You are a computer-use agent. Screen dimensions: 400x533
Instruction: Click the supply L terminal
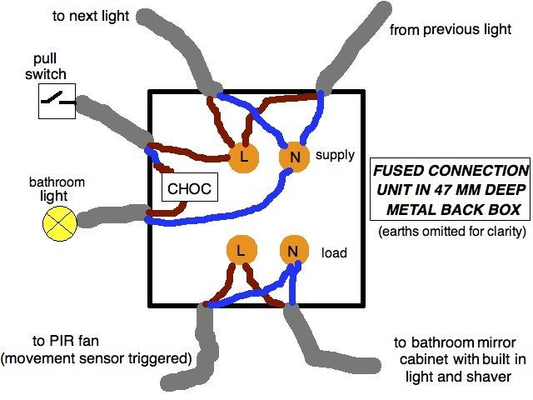(243, 156)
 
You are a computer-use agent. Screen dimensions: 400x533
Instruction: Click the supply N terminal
(292, 156)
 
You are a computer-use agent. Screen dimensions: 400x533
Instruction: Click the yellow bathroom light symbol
(59, 221)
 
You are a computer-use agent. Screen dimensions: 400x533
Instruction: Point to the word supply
(335, 155)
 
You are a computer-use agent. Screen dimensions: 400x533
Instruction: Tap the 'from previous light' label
(449, 29)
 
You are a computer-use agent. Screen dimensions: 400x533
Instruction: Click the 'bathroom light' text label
(57, 190)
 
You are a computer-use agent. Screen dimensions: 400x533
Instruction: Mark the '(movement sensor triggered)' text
(97, 358)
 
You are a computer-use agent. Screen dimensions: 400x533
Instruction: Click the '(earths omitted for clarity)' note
(451, 229)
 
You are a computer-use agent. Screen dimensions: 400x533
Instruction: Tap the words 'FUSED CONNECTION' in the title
(451, 170)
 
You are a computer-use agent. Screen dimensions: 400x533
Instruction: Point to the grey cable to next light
(175, 42)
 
